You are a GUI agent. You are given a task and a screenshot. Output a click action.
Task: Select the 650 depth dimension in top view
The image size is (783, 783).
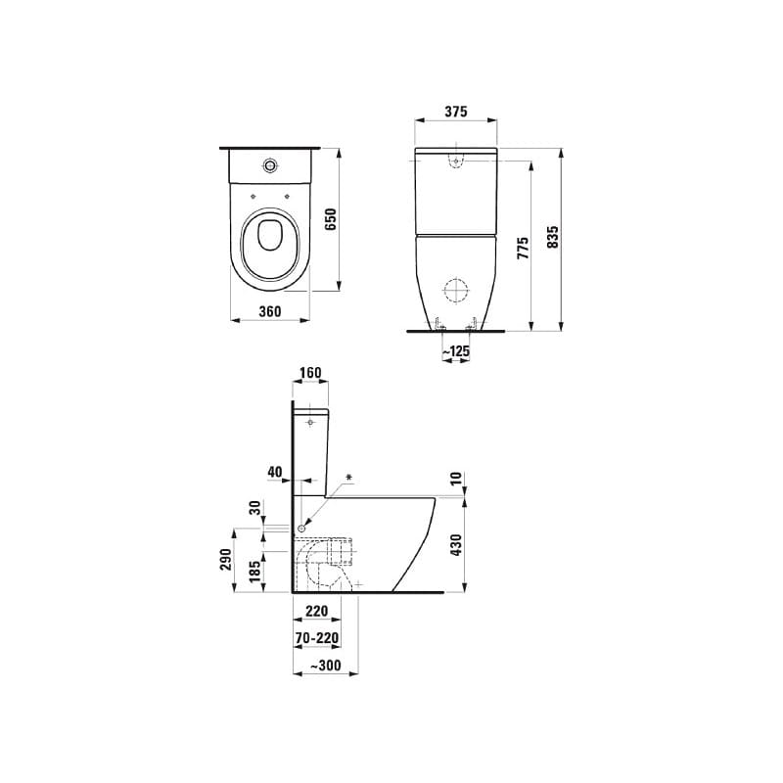(331, 219)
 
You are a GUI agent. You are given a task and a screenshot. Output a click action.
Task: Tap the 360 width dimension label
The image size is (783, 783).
(269, 311)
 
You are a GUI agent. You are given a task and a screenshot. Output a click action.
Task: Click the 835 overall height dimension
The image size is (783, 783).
(553, 237)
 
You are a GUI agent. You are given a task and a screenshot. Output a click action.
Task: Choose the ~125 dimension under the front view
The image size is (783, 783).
(456, 349)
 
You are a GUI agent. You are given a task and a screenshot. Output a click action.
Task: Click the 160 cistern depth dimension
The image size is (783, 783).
(309, 372)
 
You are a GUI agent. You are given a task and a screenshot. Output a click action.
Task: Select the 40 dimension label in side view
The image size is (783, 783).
(275, 473)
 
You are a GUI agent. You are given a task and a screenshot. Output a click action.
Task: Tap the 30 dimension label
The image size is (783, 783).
(254, 508)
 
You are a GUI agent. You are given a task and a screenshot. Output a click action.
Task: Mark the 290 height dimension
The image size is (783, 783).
(225, 559)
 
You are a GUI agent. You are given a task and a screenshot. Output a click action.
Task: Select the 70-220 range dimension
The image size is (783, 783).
(317, 637)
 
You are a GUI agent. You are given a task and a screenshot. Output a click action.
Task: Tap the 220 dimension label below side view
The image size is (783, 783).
(317, 611)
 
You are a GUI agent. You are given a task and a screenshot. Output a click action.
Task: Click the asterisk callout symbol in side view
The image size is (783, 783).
(349, 479)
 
